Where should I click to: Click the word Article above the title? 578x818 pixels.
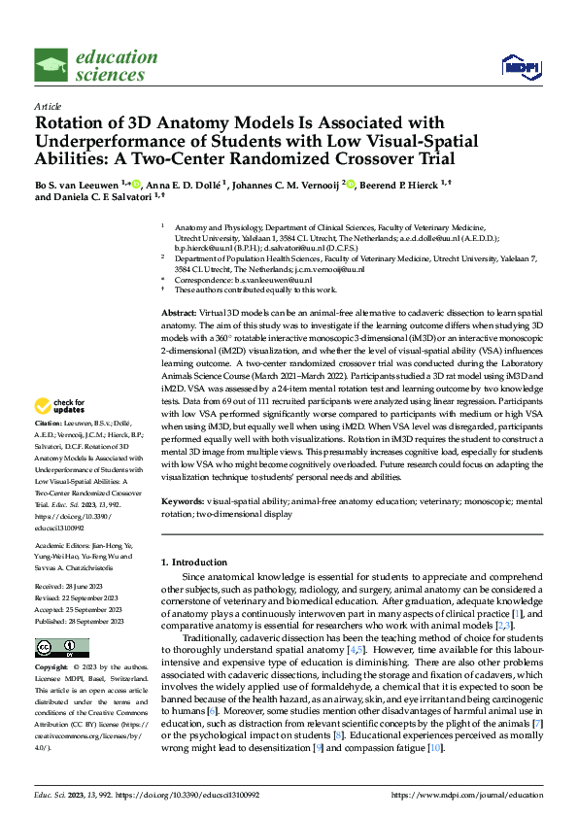(x=48, y=106)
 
